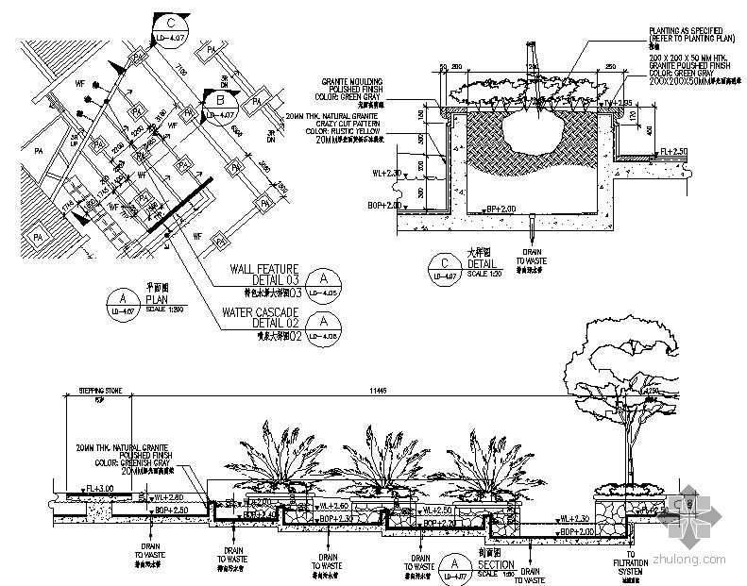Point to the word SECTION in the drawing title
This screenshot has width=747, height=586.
[496, 565]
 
